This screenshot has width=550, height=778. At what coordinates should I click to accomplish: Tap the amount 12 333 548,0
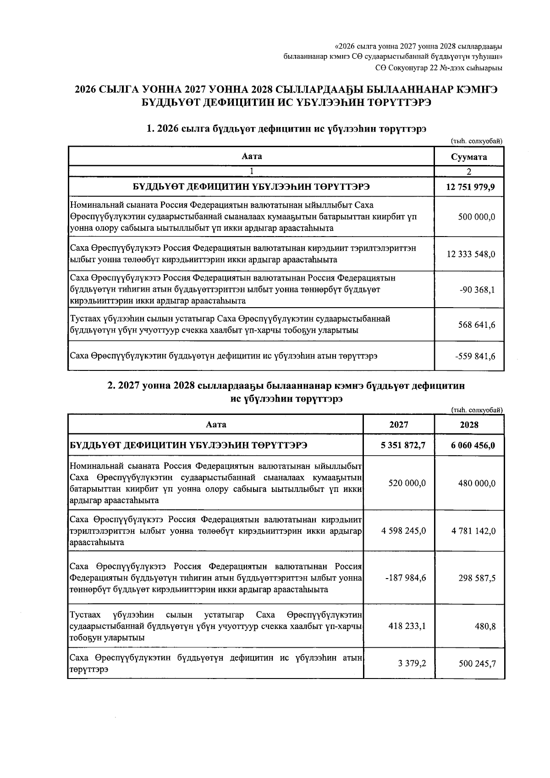(x=471, y=254)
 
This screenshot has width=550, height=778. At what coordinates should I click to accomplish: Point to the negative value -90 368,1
(x=477, y=289)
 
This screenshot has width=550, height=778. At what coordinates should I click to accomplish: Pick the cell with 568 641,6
(x=477, y=325)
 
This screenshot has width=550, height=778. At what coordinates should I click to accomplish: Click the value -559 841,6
(x=475, y=356)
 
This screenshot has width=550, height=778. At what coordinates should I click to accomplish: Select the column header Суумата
(x=469, y=157)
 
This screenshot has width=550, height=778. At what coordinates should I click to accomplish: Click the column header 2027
(x=399, y=425)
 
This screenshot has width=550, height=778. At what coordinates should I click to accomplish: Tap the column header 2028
(x=469, y=425)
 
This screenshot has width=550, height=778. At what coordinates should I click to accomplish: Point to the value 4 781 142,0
(x=473, y=531)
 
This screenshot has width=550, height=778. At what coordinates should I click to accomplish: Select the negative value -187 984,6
(x=406, y=578)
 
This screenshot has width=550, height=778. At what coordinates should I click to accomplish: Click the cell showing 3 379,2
(x=415, y=662)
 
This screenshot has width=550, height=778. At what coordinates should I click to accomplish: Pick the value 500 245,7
(x=477, y=662)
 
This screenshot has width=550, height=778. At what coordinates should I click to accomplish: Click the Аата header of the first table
(x=252, y=156)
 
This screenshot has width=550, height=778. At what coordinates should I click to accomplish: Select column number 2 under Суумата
(x=469, y=172)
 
